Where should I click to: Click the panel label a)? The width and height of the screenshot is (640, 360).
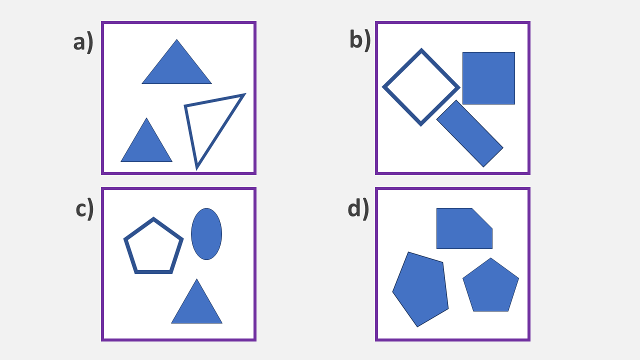83,42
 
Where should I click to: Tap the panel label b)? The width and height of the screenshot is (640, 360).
359,40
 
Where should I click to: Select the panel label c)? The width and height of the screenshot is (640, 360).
84,208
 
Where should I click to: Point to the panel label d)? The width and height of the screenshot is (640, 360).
358,208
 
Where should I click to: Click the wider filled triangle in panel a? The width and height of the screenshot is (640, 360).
176,67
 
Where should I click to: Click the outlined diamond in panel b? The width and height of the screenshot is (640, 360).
421,87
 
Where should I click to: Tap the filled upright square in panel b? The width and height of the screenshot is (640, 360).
488,78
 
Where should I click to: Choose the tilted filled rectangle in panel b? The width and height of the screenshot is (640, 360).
469,133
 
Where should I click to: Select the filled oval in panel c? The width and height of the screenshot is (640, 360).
206,234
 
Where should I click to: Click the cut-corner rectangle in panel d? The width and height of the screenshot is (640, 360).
462,229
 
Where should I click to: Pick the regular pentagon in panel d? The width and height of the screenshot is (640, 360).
490,287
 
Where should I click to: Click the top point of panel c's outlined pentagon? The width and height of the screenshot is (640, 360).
153,219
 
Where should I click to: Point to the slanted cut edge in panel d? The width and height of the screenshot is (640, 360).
482,218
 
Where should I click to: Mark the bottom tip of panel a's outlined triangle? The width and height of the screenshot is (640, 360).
197,167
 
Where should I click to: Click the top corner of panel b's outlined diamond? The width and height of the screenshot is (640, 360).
421,50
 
